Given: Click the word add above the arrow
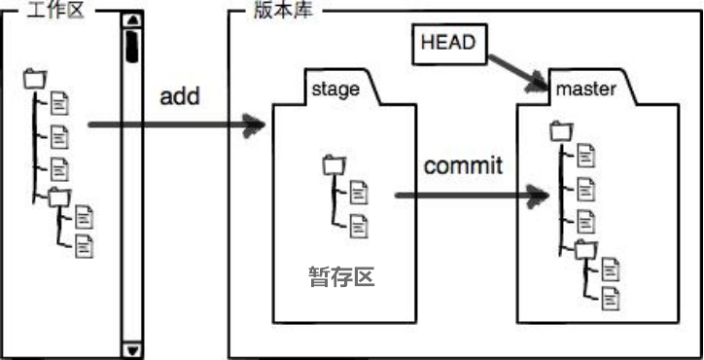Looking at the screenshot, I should pyautogui.click(x=180, y=96).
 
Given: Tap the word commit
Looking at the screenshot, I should pyautogui.click(x=463, y=164).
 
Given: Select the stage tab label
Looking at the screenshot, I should pyautogui.click(x=335, y=90).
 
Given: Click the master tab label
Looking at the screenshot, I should pyautogui.click(x=585, y=90).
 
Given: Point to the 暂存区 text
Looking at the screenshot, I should pyautogui.click(x=340, y=277).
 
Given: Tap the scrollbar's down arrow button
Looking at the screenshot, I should pyautogui.click(x=131, y=349).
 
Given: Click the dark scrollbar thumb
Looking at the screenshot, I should pyautogui.click(x=131, y=45).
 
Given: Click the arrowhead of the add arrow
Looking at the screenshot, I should pyautogui.click(x=256, y=125).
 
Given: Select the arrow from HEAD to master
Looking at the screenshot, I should pyautogui.click(x=514, y=69).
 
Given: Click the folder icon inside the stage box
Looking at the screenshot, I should pyautogui.click(x=334, y=163).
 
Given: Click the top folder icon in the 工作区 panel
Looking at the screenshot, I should pyautogui.click(x=35, y=77).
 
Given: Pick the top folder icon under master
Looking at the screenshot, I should pyautogui.click(x=560, y=129).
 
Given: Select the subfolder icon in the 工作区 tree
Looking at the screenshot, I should pyautogui.click(x=59, y=197).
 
